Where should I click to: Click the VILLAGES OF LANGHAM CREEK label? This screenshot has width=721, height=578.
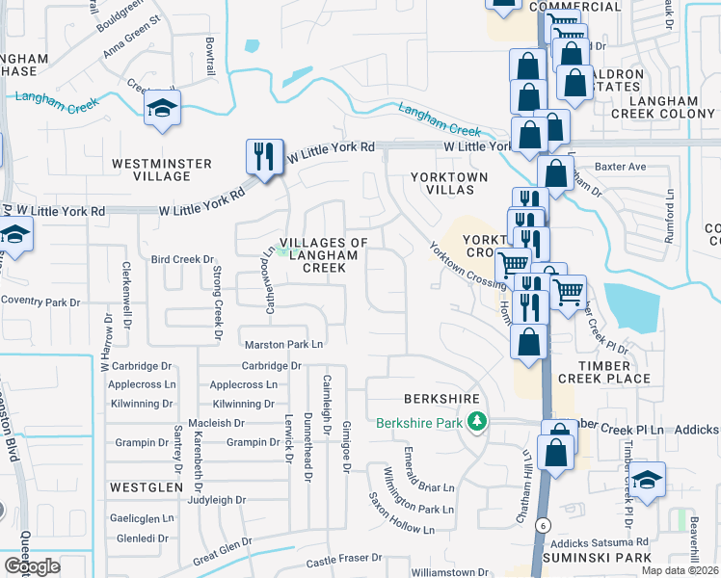tap(324, 254)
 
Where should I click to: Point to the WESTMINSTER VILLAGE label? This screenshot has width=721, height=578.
tap(162, 170)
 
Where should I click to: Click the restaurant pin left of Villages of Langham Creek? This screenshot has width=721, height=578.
tap(263, 156)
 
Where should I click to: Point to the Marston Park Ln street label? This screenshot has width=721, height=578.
tap(283, 344)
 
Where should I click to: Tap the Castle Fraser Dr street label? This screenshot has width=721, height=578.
tap(344, 562)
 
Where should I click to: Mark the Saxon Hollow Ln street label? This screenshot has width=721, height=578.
tap(402, 515)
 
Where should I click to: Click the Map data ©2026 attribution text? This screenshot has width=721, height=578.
tap(681, 570)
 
